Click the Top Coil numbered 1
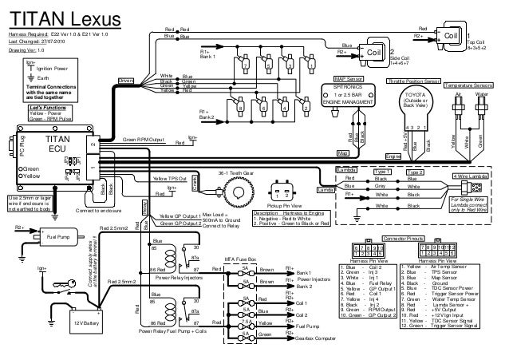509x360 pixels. pyautogui.click(x=450, y=35)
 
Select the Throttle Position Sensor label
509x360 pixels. pyautogui.click(x=413, y=81)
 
